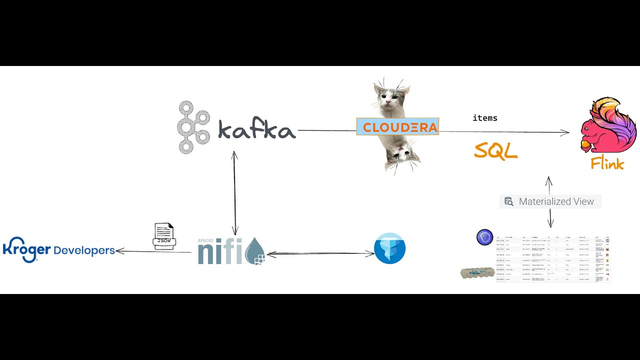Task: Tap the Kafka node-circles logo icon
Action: pos(192,127)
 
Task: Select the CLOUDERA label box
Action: pos(397,126)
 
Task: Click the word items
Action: pos(484,118)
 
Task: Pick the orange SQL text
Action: pos(495,150)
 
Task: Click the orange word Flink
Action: pos(607,163)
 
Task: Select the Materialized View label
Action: pos(556,201)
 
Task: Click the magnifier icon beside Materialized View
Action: pos(509,201)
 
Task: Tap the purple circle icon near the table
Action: pos(484,237)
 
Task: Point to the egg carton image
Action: pos(477,273)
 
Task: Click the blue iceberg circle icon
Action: pos(389,248)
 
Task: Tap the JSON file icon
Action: pos(163,236)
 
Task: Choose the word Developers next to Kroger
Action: pos(84,250)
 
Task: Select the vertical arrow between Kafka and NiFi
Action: pos(234,192)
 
